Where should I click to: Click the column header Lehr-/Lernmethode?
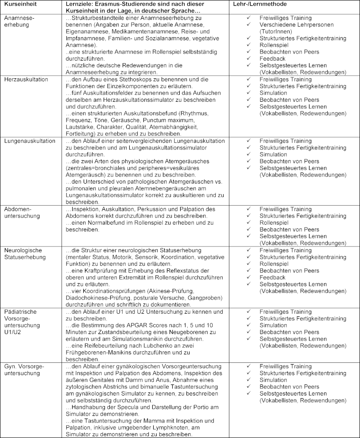pyautogui.click(x=260, y=4)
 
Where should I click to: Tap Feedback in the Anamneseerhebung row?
pyautogui.click(x=272, y=58)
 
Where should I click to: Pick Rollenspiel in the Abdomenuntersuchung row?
pyautogui.click(x=274, y=223)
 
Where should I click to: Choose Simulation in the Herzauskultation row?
pyautogui.click(x=273, y=93)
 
